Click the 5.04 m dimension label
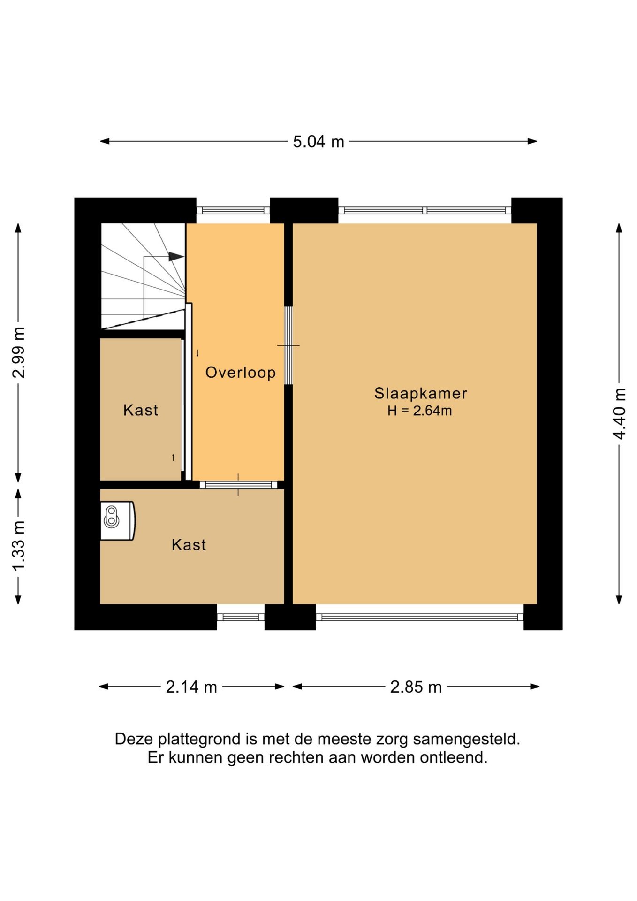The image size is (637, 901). [318, 141]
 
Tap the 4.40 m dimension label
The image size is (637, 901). [620, 413]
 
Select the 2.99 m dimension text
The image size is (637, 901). [19, 352]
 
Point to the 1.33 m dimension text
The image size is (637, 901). [19, 546]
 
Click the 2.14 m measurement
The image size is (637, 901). [191, 687]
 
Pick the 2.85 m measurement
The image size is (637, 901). [416, 687]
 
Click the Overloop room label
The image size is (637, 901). [241, 373]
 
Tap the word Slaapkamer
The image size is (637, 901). [421, 393]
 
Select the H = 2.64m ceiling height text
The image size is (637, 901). [420, 411]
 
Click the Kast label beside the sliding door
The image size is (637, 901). [141, 410]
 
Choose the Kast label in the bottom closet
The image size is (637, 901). [189, 545]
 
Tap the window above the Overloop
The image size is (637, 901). [233, 211]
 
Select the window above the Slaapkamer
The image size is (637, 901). [425, 211]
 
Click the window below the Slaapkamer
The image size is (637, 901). [420, 617]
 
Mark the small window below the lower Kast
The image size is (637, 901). [241, 617]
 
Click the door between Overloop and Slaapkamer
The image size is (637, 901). [288, 345]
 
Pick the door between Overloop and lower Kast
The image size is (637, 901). [239, 485]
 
